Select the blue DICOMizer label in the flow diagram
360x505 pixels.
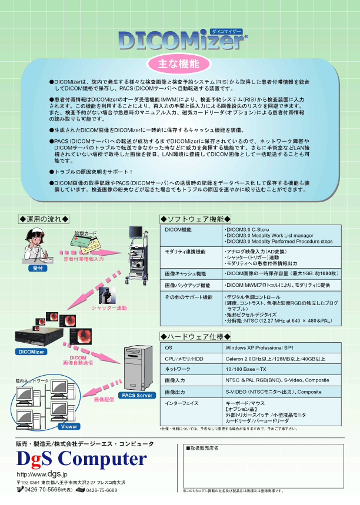(x=31, y=352)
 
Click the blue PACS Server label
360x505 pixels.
(x=136, y=395)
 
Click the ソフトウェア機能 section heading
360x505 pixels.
(x=195, y=219)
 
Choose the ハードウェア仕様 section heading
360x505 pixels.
(x=195, y=336)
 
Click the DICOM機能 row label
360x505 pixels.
(x=178, y=229)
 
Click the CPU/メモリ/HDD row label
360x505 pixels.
(x=184, y=359)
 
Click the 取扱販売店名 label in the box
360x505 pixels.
(x=204, y=448)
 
